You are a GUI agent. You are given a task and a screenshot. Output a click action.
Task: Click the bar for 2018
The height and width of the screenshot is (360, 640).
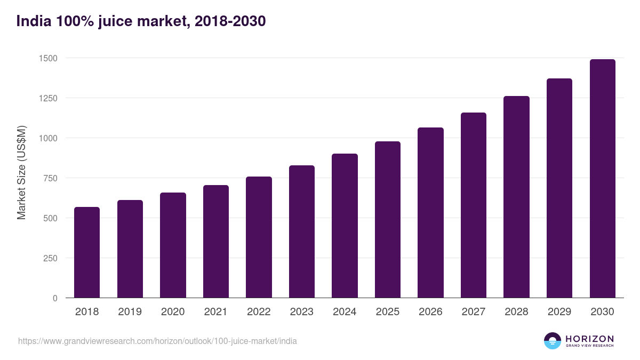click(87, 252)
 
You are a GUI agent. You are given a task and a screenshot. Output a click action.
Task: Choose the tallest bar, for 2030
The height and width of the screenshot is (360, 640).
click(602, 179)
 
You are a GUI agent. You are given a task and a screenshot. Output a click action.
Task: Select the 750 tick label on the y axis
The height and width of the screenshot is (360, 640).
click(49, 178)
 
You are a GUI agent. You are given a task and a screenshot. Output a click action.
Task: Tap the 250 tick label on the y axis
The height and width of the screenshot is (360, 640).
click(49, 258)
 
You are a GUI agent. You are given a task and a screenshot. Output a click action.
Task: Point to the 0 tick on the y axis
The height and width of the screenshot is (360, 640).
click(55, 298)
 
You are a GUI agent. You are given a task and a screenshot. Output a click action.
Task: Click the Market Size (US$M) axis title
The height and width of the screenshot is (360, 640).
click(21, 172)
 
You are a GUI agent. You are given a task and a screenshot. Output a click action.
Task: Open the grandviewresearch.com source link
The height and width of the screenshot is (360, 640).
click(157, 341)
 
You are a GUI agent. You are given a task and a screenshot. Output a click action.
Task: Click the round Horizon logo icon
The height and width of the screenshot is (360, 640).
click(553, 341)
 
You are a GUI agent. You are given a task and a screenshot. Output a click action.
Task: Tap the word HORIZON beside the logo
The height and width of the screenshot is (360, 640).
click(589, 339)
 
